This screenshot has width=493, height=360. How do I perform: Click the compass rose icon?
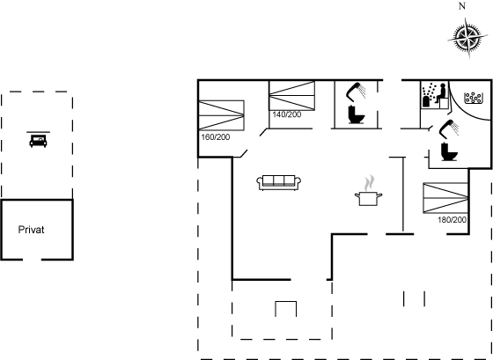tap(465, 39)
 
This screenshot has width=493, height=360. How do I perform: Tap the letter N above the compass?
tap(462, 6)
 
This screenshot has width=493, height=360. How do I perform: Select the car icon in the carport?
tap(38, 140)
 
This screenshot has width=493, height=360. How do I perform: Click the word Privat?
tap(31, 230)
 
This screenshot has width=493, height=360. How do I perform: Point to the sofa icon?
tap(278, 183)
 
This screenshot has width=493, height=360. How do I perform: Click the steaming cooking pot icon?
tap(368, 190)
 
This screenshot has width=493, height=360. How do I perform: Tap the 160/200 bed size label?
tap(216, 137)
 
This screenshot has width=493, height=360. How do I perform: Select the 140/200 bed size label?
tap(287, 114)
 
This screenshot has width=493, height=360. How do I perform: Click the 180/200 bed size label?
tap(452, 220)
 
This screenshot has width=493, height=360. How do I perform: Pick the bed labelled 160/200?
tap(222, 115)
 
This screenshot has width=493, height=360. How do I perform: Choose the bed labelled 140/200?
tap(292, 96)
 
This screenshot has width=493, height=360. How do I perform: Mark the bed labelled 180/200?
tap(445, 198)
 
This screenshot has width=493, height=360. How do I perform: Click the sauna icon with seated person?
tap(435, 95)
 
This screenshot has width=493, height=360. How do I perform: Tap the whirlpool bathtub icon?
tap(474, 98)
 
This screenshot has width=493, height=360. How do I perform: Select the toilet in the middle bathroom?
tap(357, 114)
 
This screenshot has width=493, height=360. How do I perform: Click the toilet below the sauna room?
tap(449, 151)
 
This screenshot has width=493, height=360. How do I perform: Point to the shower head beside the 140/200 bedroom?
tap(356, 92)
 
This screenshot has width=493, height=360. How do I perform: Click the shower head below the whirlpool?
tap(449, 129)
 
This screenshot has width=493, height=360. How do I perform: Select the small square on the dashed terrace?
tap(286, 309)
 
